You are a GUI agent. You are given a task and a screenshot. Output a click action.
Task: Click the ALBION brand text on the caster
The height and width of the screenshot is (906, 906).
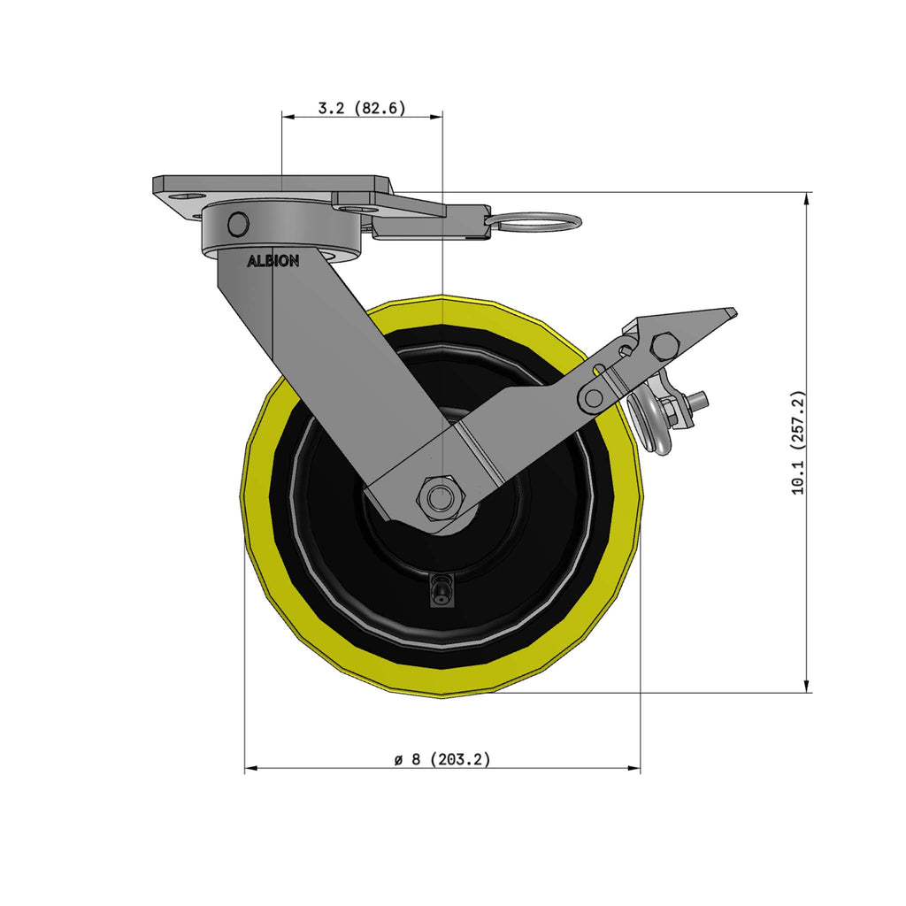pyautogui.click(x=273, y=262)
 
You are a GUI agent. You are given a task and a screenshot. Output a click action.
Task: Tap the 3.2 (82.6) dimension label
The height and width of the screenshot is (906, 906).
pyautogui.click(x=362, y=107)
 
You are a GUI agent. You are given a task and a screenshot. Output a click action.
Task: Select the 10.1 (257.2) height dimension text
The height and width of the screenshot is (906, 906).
pyautogui.click(x=799, y=442)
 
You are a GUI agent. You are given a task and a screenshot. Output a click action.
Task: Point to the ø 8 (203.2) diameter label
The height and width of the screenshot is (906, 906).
pyautogui.click(x=442, y=758)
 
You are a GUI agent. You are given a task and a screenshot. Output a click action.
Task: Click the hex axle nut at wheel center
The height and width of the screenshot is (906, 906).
pyautogui.click(x=441, y=496)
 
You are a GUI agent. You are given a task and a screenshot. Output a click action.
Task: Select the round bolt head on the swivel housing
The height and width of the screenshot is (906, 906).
pyautogui.click(x=238, y=223)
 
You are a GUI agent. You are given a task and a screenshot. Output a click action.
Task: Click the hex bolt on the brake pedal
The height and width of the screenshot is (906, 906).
pyautogui.click(x=664, y=346)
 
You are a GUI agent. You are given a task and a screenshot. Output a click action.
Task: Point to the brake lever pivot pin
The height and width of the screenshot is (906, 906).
pyautogui.click(x=592, y=397)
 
